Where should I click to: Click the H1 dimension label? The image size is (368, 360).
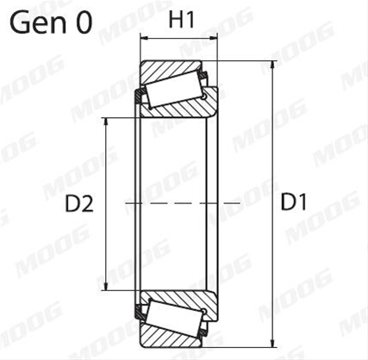pos(182,20)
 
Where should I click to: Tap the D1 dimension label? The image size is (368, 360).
pos(293,202)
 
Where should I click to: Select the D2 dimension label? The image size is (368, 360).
pos(79,204)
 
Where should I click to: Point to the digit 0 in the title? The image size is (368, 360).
pos(84,22)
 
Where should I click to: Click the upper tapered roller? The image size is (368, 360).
pos(174,90)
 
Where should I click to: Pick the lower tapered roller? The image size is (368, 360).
pos(174,317)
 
